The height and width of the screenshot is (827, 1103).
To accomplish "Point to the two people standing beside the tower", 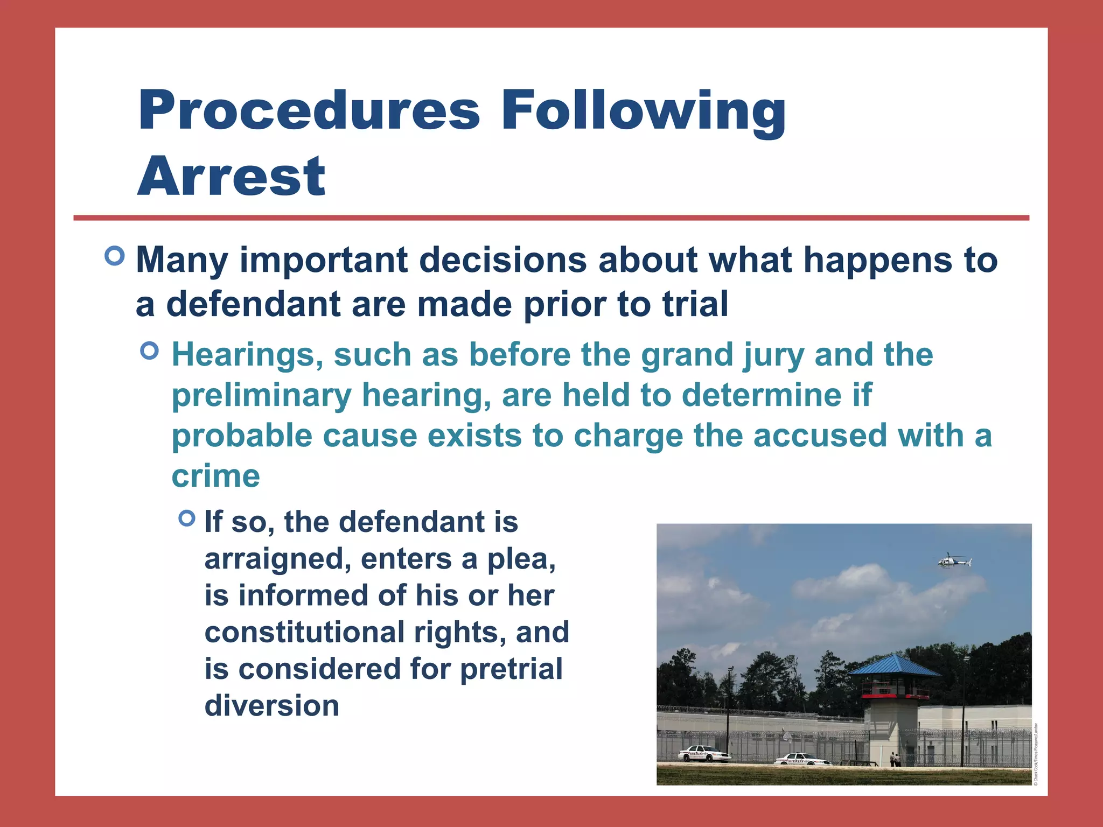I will click(x=895, y=758).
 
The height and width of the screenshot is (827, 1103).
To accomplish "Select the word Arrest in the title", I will click(x=232, y=176).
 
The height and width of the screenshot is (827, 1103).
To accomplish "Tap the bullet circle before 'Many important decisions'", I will click(x=115, y=255).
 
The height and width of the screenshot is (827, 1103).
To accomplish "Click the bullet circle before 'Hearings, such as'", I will click(x=149, y=351).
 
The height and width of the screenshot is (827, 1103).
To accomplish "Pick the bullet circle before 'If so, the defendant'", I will click(x=186, y=518).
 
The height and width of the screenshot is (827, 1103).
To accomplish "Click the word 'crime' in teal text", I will click(x=216, y=476).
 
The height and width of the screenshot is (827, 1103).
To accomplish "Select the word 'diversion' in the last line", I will click(x=272, y=705).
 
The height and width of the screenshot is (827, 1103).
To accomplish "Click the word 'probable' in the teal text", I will click(x=242, y=436).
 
